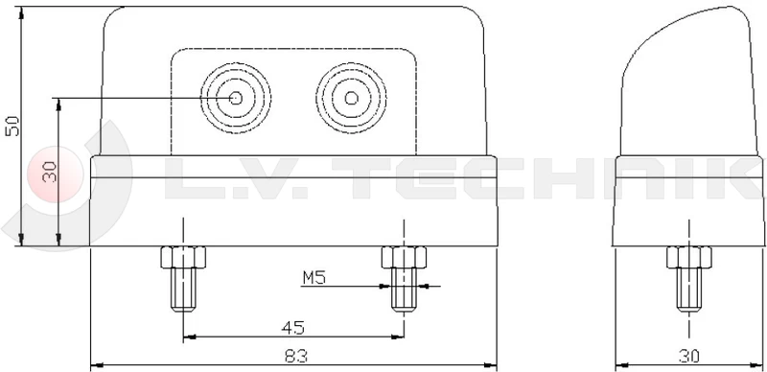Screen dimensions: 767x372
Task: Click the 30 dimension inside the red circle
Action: click(x=50, y=173)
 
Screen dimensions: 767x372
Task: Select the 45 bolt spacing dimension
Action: click(x=293, y=328)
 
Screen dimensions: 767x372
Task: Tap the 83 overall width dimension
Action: click(x=296, y=356)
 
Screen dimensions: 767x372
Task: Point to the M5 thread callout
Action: click(x=314, y=278)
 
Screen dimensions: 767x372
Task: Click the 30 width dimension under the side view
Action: click(x=688, y=356)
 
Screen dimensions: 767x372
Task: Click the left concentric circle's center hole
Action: click(x=236, y=99)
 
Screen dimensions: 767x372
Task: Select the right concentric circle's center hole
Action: click(x=351, y=99)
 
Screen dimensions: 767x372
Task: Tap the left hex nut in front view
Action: click(x=183, y=258)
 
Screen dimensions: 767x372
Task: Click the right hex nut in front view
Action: click(x=404, y=258)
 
